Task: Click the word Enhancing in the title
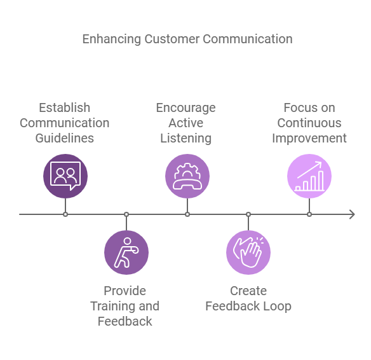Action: pos(112,39)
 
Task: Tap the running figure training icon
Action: pos(126,253)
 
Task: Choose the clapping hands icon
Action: pos(248,253)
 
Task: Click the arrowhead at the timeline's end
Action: pos(351,214)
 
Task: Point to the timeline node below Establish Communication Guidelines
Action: pos(65,214)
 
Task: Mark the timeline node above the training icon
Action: pos(126,214)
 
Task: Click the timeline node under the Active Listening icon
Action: pos(187,214)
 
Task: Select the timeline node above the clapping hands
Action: pos(248,214)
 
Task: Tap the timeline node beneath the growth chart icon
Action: pos(309,214)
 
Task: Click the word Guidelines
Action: pos(65,138)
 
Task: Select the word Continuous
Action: pos(309,123)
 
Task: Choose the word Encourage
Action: pos(185,107)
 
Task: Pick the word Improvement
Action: pos(309,138)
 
